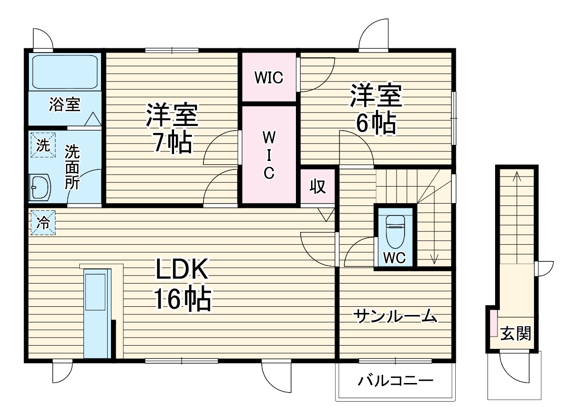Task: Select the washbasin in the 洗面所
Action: pos(40,187)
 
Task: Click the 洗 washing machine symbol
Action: pos(43,146)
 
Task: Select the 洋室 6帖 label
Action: pos(376,109)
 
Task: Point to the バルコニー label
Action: pos(396,381)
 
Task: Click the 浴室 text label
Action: pos(64,105)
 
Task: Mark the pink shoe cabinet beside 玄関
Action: pos(494,322)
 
